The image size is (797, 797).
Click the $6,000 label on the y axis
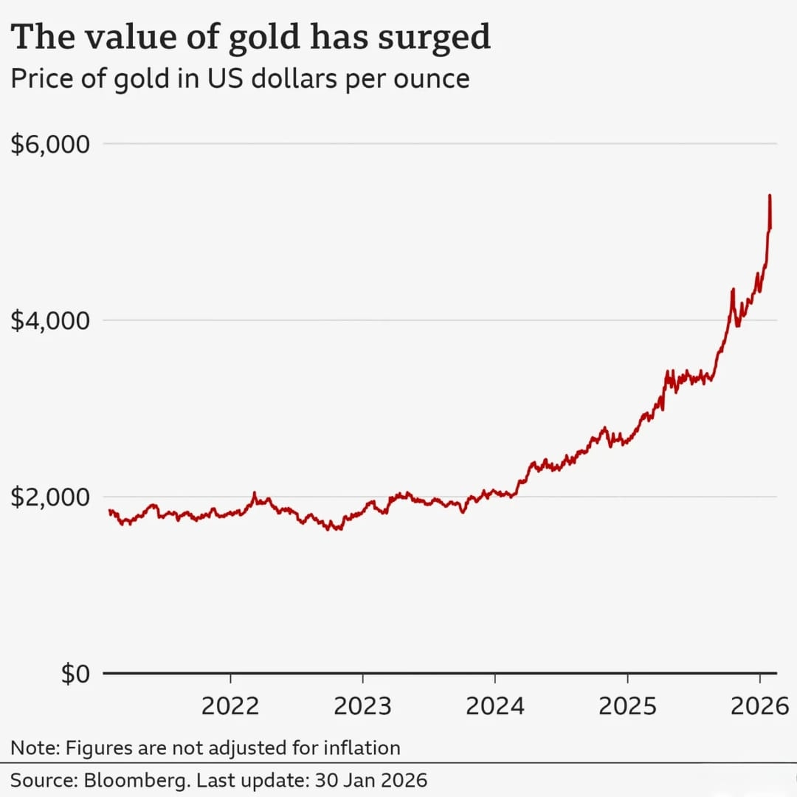coord(50,144)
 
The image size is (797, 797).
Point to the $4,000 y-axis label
coord(50,321)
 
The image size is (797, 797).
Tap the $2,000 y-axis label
coord(50,497)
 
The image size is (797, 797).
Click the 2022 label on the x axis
coord(230,706)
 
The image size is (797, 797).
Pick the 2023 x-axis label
coord(362,706)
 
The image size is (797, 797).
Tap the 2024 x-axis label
coord(494,706)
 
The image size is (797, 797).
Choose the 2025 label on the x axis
coord(627,706)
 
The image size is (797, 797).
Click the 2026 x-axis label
coord(759,706)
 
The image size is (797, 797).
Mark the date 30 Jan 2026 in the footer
coord(371,780)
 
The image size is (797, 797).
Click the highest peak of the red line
coord(770,196)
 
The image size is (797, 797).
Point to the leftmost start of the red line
coord(109,511)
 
